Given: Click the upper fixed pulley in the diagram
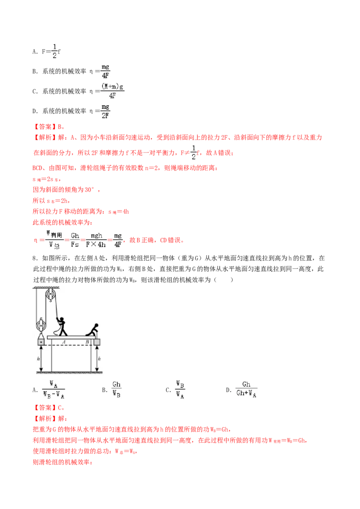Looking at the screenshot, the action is (50, 295).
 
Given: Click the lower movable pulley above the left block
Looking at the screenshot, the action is (40, 325).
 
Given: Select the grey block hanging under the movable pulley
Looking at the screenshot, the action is (41, 342).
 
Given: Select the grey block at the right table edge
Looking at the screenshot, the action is (97, 342).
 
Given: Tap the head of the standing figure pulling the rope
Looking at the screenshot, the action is (61, 319).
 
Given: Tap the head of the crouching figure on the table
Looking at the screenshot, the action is (96, 326).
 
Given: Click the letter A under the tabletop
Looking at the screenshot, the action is (64, 342).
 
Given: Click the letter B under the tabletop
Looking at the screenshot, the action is (87, 342).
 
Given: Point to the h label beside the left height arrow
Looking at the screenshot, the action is (38, 359).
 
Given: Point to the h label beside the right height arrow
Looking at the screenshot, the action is (99, 359).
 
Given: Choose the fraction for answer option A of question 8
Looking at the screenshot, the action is (54, 389).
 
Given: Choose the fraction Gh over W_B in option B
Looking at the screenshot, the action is (116, 389).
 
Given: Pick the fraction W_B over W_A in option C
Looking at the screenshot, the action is (180, 389).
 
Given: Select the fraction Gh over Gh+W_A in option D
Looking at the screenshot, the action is (246, 389).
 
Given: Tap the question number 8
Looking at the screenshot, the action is (35, 258).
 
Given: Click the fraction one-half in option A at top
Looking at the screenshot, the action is (54, 51).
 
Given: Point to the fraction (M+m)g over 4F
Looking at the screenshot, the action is (112, 91).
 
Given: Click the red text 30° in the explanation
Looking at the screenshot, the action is (89, 190).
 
